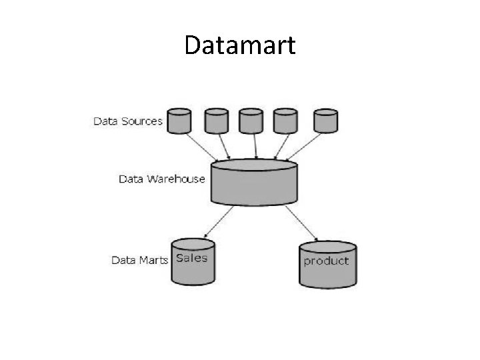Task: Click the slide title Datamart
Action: tap(239, 45)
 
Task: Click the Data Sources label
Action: tap(127, 121)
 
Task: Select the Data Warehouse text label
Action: tap(161, 179)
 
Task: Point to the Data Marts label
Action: tap(139, 260)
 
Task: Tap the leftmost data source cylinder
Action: tap(179, 121)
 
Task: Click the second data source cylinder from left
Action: tap(216, 121)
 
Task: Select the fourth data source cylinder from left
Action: tap(286, 121)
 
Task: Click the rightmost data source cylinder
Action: tap(325, 121)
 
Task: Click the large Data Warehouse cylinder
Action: tap(254, 183)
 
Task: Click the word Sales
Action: tap(192, 258)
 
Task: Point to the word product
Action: tap(326, 261)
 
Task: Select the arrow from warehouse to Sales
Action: tap(219, 221)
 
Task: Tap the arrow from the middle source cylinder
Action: tap(253, 147)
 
